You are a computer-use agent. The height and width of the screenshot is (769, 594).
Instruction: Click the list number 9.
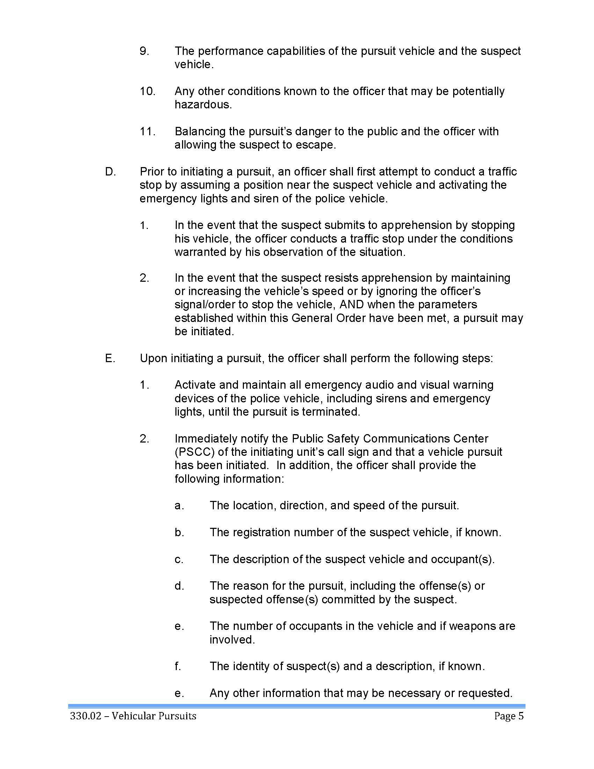(x=144, y=51)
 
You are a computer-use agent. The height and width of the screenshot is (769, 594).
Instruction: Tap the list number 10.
(x=147, y=92)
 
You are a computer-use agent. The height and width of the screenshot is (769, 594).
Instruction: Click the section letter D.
(x=110, y=172)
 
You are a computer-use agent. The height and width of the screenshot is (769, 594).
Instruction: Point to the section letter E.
(x=110, y=358)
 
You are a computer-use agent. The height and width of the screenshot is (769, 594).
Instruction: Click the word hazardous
(x=203, y=105)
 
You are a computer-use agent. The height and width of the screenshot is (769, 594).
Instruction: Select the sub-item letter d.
(x=179, y=586)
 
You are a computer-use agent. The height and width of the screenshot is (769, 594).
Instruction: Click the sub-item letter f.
(x=178, y=666)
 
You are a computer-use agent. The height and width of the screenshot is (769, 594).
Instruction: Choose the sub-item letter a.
(x=179, y=506)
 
